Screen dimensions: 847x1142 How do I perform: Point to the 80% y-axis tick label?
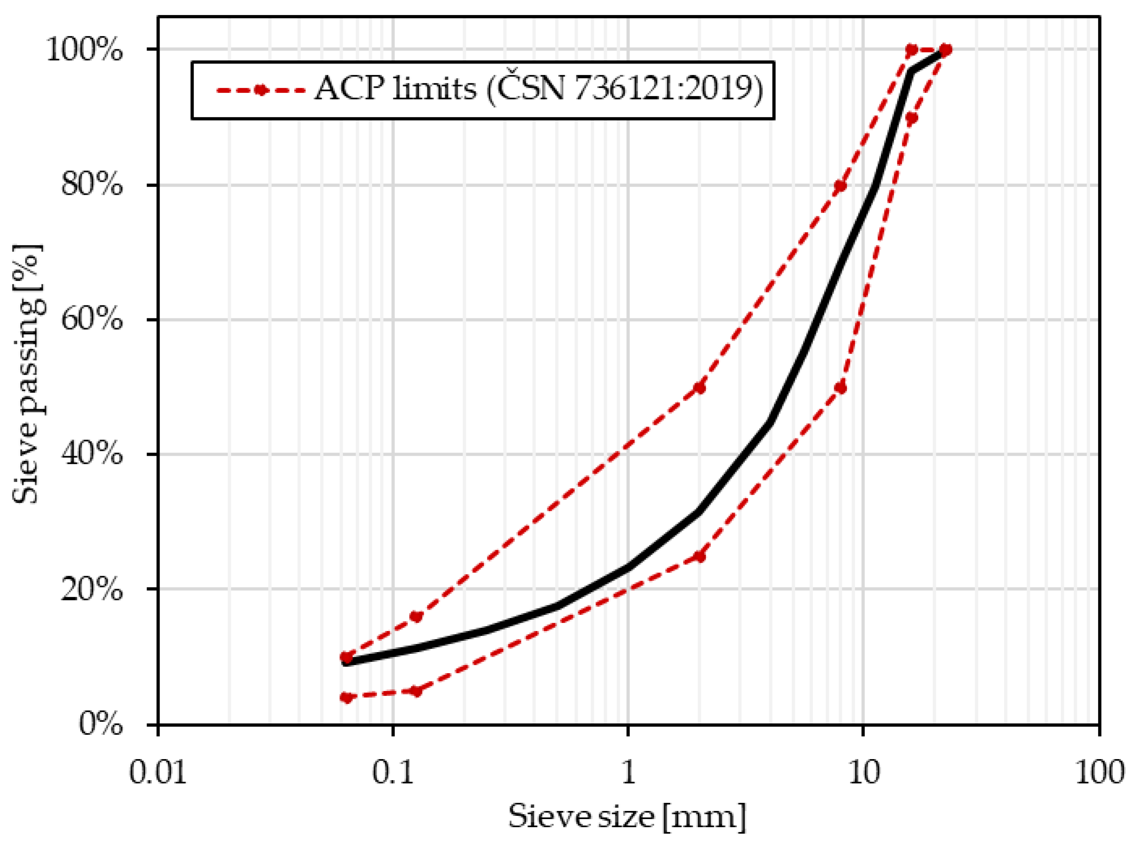(x=92, y=185)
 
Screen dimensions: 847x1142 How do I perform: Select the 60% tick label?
(x=92, y=320)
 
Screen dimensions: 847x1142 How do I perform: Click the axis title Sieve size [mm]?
(x=627, y=816)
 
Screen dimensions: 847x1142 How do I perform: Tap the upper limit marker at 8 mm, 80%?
(x=840, y=186)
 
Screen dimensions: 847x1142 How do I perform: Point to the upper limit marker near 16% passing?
(x=416, y=616)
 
